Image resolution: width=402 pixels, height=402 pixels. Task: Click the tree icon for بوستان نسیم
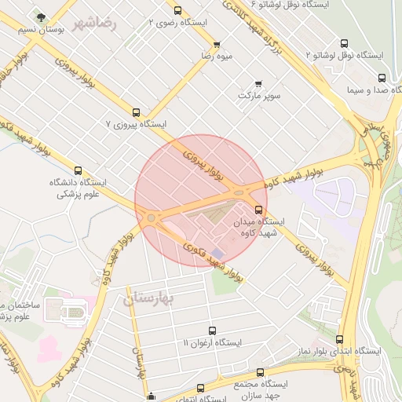[41, 16]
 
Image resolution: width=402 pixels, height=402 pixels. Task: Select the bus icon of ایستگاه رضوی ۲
[178, 11]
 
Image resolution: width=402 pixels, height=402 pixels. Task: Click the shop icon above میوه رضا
[217, 44]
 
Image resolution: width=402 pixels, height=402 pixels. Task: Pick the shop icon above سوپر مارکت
[258, 83]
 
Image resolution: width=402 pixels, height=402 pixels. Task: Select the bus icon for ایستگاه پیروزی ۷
[137, 112]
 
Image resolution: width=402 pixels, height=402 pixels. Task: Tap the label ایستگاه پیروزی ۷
[137, 125]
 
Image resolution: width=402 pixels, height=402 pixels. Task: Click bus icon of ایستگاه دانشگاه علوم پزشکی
[78, 170]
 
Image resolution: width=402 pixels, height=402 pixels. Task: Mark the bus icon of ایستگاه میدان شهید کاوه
[260, 209]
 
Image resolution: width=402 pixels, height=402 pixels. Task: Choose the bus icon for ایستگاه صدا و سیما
[382, 78]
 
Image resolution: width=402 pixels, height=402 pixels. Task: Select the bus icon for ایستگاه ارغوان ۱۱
[213, 331]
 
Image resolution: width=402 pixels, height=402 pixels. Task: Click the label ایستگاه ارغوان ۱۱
[213, 343]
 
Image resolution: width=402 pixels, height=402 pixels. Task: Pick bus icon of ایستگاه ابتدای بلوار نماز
[339, 339]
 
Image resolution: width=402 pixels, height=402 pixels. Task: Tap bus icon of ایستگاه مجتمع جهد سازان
[261, 372]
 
